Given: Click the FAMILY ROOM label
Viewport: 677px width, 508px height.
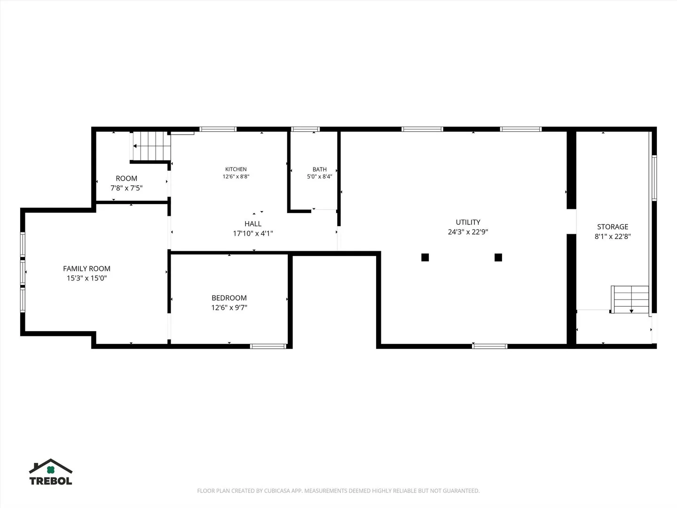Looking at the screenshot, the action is click(87, 269).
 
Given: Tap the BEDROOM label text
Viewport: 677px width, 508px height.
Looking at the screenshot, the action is click(229, 298).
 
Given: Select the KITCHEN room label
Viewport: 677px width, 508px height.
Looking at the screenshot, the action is click(236, 169).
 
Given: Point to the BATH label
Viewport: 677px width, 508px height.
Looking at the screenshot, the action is click(320, 169).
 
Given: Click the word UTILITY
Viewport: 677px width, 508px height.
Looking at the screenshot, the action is click(468, 222).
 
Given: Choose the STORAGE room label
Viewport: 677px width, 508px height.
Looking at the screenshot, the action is click(613, 227).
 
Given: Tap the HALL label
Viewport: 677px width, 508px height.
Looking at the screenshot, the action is click(253, 223).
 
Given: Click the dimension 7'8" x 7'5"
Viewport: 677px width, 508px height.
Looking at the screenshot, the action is click(126, 188).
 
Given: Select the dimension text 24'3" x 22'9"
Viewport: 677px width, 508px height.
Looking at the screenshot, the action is click(468, 231).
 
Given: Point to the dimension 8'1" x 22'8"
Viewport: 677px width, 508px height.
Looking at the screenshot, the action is click(613, 236).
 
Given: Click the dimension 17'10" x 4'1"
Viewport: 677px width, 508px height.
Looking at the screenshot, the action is click(253, 233).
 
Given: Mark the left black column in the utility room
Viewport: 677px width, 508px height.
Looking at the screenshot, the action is click(425, 257).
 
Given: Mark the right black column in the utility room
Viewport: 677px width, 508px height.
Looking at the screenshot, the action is click(498, 257).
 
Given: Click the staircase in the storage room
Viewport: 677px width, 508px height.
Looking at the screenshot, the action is click(630, 300).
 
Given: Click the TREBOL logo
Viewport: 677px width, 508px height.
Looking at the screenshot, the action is click(51, 472).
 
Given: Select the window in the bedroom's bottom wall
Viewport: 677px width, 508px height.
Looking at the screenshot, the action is click(268, 346).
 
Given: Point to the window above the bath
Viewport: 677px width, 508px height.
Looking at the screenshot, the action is click(305, 129).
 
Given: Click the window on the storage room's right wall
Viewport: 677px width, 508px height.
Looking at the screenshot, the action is click(654, 178).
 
